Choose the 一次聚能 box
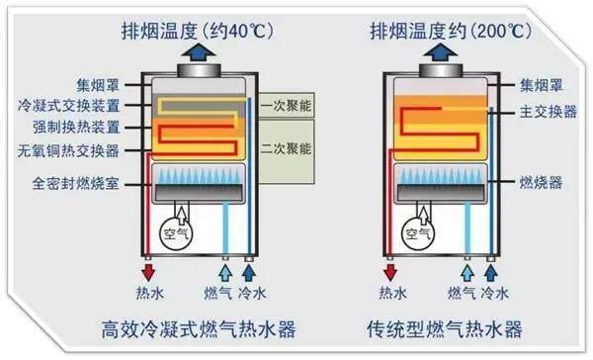click(286, 105)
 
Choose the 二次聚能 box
click(286, 148)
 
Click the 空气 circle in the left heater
click(175, 234)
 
